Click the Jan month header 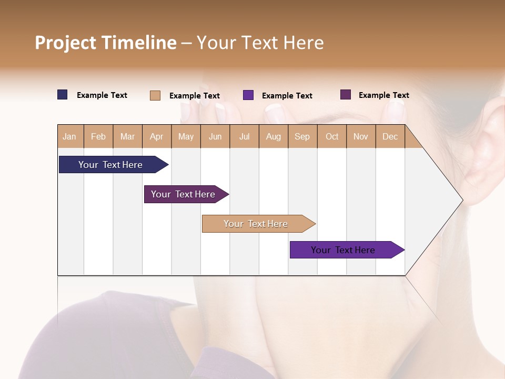point(69,136)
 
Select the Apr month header point(156,136)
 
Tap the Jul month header point(244,136)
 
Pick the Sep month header point(302,136)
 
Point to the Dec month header point(390,136)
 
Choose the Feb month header point(98,136)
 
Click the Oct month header point(332,136)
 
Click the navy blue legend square point(63,95)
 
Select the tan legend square point(155,95)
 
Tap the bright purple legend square point(248,95)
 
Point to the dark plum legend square point(346,95)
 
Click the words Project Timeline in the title point(105,43)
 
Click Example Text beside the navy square point(102,95)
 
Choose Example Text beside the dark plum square point(383,95)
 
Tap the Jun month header point(215,136)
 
